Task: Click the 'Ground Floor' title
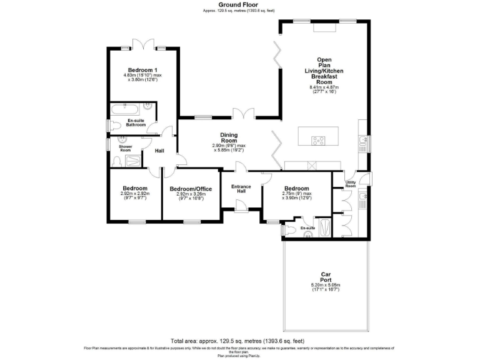[x=238, y=4]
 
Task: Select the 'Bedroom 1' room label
[x=142, y=70]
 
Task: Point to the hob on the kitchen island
[x=318, y=141]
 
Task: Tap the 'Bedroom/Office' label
[x=191, y=189]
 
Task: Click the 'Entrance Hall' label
[x=241, y=189]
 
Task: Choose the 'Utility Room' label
[x=351, y=184]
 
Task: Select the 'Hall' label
[x=159, y=150]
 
